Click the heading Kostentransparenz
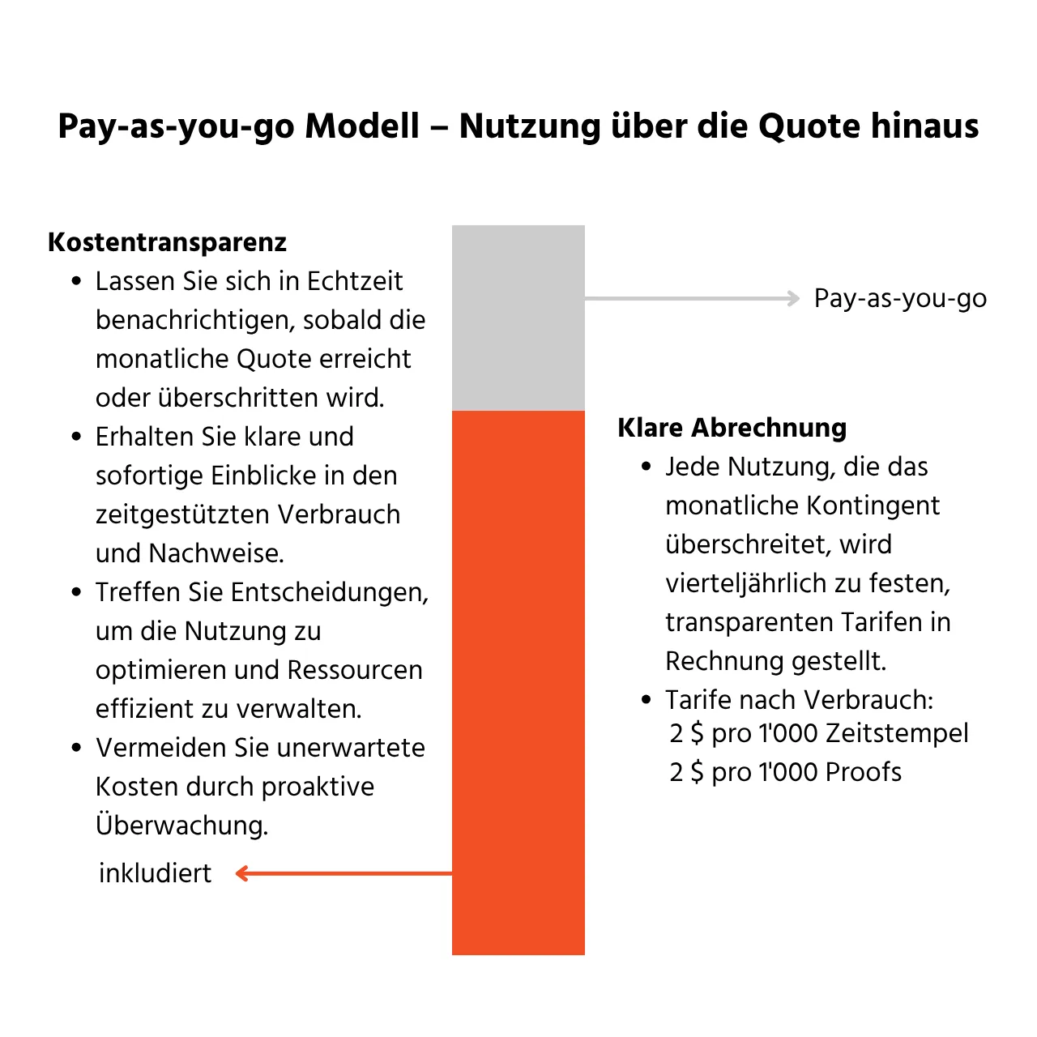[167, 242]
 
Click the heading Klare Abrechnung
[732, 428]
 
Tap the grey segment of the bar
[518, 318]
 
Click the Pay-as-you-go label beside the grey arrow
[900, 299]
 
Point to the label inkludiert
[155, 873]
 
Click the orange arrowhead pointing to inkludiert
[241, 873]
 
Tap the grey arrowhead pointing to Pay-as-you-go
[793, 299]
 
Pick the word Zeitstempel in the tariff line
[896, 733]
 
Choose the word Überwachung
[181, 826]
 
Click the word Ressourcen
[355, 670]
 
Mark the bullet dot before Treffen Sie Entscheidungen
[77, 593]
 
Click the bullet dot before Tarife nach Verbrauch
[647, 700]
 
